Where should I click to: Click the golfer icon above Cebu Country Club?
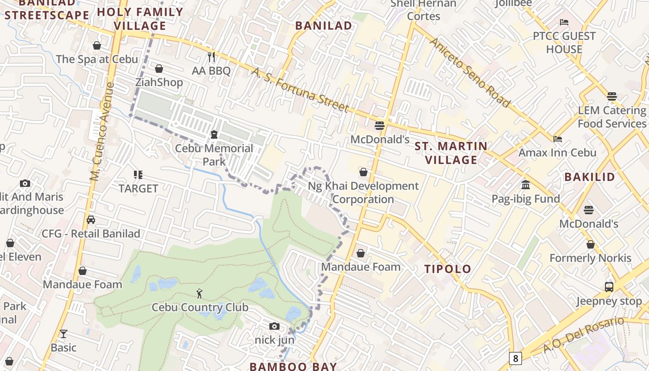point(199,294)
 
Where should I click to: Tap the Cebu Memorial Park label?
point(214,155)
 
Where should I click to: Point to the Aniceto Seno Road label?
point(470,72)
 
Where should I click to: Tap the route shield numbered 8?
point(515,358)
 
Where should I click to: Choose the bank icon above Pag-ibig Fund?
point(526,185)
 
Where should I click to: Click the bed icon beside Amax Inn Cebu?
point(558,139)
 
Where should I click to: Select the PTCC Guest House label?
point(564,43)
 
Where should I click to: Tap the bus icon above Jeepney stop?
point(609,287)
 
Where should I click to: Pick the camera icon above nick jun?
point(274,326)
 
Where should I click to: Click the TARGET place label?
point(138,188)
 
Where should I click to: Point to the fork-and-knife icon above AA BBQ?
point(211,57)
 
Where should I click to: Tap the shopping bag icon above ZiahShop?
point(159,69)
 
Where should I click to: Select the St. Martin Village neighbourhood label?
point(451,153)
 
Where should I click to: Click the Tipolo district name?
point(448,269)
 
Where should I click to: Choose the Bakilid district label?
point(590,177)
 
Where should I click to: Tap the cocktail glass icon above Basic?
point(63,333)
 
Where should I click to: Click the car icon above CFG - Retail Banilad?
point(91,220)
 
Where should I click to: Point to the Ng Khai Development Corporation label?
point(363,192)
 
